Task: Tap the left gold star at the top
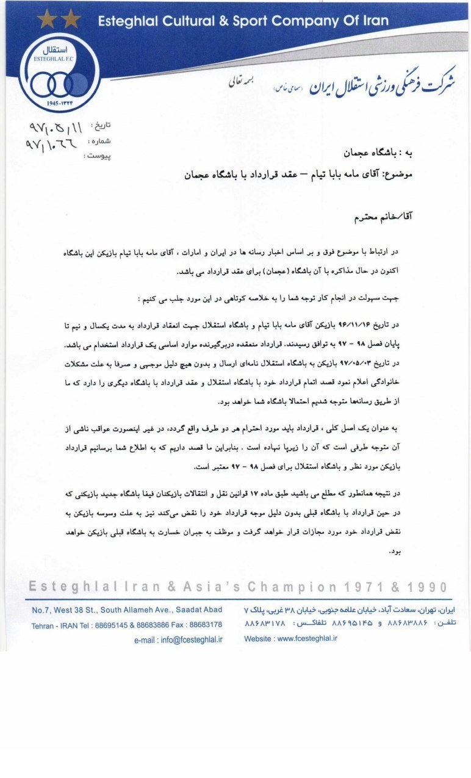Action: coord(46,19)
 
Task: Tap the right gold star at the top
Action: coord(71,19)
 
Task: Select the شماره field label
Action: coord(99,141)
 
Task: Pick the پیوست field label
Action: coord(97,156)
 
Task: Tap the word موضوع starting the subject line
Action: coord(400,175)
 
